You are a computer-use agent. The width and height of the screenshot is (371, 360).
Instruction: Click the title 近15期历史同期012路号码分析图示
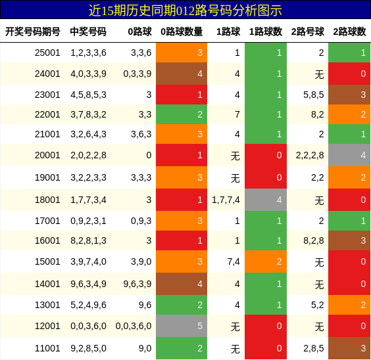tap(185, 10)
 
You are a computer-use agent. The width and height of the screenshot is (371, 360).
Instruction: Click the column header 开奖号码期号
tap(33, 32)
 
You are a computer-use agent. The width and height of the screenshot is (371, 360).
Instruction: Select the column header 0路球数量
tap(182, 32)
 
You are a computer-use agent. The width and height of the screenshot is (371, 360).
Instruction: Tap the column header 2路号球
tap(307, 32)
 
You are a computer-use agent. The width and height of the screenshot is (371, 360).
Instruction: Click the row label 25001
tap(47, 53)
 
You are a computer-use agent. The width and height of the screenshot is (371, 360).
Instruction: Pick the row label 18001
tap(47, 200)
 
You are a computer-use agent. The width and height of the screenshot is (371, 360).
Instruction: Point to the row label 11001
tap(47, 348)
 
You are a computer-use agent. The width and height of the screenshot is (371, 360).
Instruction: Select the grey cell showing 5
tap(182, 326)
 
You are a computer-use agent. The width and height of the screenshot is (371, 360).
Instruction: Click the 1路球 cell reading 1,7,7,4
tap(226, 200)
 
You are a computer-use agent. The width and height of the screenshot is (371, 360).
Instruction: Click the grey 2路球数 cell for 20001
tap(349, 155)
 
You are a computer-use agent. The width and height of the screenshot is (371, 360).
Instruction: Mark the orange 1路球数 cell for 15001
tap(266, 261)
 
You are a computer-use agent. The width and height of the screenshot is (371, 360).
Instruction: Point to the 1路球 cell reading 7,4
tap(234, 261)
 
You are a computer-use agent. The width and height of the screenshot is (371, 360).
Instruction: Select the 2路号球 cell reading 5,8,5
tap(313, 95)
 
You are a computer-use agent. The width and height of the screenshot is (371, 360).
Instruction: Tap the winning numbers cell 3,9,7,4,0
tap(88, 261)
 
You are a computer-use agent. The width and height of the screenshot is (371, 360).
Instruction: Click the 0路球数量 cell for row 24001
tap(182, 74)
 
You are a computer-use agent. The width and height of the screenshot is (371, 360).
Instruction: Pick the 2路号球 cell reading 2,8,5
tap(313, 348)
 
